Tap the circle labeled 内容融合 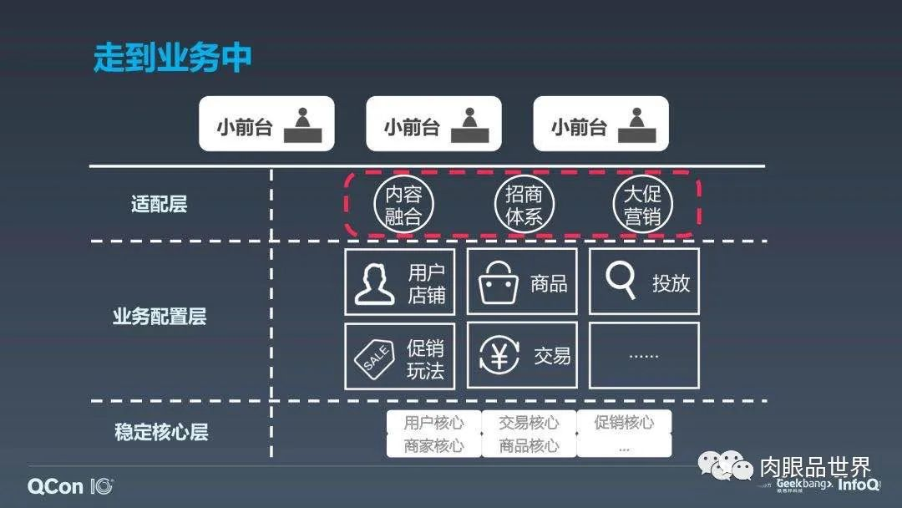tap(403, 206)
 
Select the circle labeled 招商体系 tap(524, 206)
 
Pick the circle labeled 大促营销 tap(642, 206)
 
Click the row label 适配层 tap(159, 204)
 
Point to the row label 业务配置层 tap(159, 317)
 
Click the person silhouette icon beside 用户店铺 tap(374, 283)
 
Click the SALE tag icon tap(374, 358)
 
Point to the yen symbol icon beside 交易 tap(499, 355)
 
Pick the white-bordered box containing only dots tap(644, 354)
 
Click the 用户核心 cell tap(433, 423)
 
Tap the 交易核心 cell tap(529, 423)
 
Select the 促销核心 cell tap(624, 423)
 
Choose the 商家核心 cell tap(433, 446)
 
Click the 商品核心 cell tap(529, 446)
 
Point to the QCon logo tap(70, 485)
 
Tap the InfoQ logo tap(855, 485)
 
